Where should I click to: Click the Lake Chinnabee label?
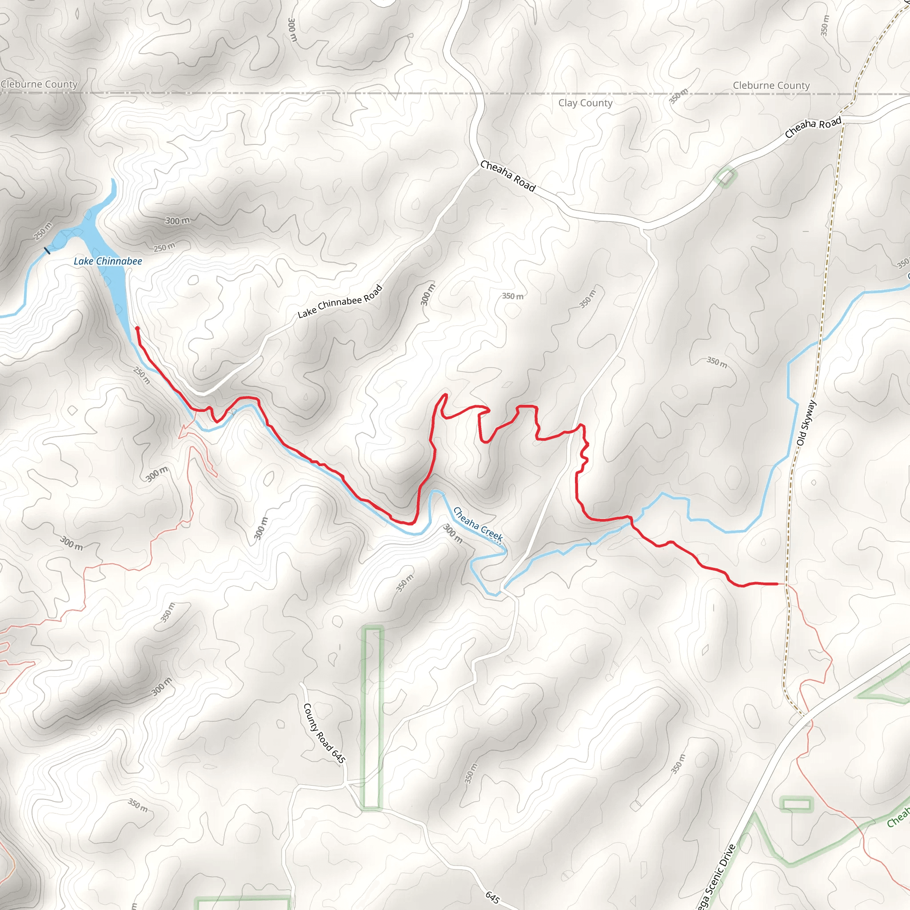[108, 261]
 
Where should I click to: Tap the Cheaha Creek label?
[478, 523]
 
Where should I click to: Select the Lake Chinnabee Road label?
[339, 302]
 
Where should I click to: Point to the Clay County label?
[585, 103]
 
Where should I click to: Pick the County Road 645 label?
[324, 733]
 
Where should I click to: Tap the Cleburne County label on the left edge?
[39, 84]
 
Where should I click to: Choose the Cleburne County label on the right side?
[771, 85]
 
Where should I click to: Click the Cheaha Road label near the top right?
[813, 127]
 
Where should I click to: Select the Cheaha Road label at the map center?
[508, 176]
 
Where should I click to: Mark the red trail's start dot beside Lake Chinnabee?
[137, 328]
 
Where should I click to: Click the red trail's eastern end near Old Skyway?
[777, 583]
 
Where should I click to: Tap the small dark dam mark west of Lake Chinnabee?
[47, 251]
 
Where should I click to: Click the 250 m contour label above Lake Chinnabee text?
[164, 247]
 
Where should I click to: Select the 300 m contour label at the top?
[292, 29]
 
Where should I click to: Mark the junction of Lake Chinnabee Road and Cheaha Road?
[478, 168]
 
